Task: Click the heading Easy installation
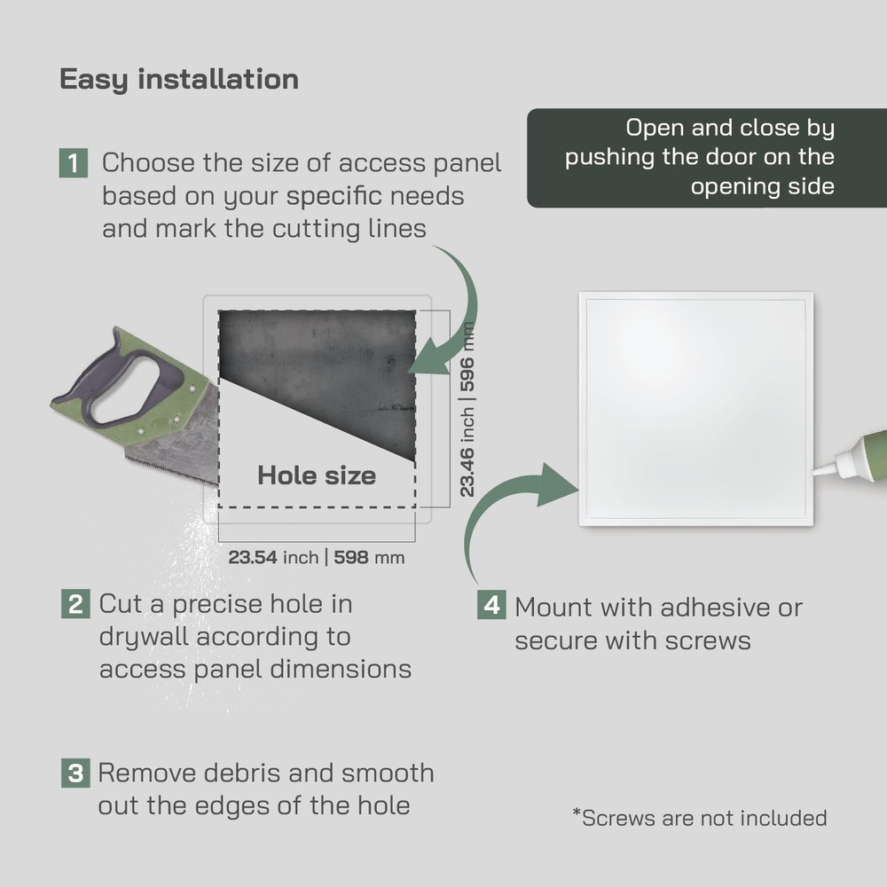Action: [x=178, y=79]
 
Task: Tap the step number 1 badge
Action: [x=74, y=163]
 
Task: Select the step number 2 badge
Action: [x=75, y=604]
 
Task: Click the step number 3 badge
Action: [x=75, y=773]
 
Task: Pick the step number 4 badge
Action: [x=491, y=606]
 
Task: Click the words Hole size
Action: [x=316, y=475]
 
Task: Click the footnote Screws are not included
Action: [x=699, y=817]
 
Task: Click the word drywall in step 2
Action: [x=144, y=637]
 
